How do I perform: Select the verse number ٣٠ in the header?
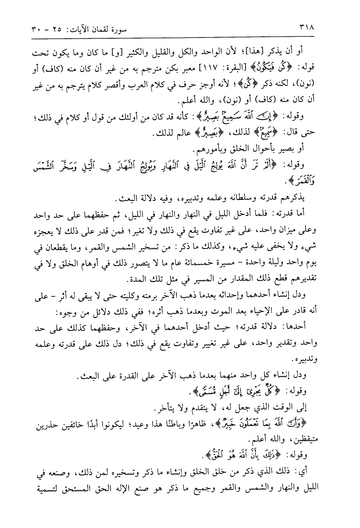pos(35,28)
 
